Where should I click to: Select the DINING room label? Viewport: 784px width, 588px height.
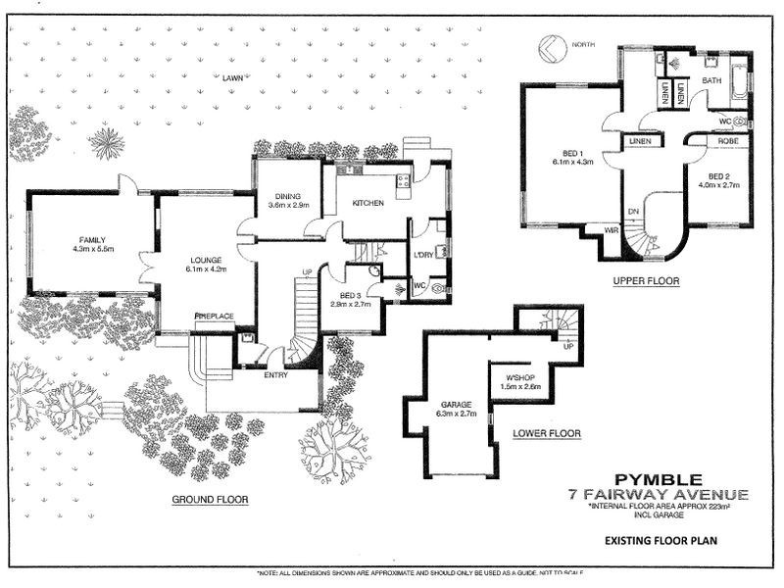pyautogui.click(x=288, y=195)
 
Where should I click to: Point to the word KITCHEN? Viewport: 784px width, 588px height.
pyautogui.click(x=367, y=203)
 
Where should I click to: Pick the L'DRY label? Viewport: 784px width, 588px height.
pyautogui.click(x=423, y=255)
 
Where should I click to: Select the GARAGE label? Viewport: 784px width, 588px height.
pyautogui.click(x=456, y=404)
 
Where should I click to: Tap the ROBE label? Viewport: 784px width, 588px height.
pyautogui.click(x=727, y=141)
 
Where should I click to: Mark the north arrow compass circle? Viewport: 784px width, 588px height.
pyautogui.click(x=551, y=46)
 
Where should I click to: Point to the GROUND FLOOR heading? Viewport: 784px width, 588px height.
pyautogui.click(x=210, y=499)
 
